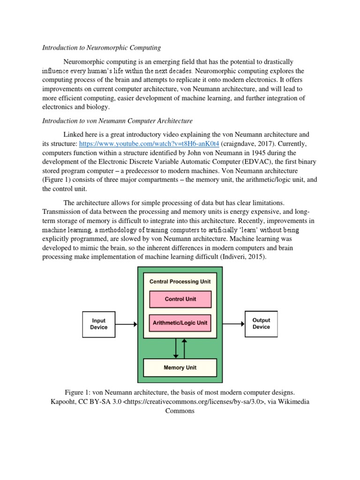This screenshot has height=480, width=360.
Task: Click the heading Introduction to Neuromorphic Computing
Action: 102,47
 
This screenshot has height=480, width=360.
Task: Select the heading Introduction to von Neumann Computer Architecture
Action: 117,121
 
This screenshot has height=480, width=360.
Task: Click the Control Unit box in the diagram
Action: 180,299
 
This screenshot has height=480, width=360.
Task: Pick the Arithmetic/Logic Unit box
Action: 180,322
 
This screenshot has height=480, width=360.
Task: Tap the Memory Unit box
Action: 180,367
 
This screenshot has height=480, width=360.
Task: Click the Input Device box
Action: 98,324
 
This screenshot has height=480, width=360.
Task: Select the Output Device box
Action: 261,324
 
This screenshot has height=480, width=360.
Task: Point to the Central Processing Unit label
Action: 180,282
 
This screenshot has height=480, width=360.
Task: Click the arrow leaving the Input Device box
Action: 126,324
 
